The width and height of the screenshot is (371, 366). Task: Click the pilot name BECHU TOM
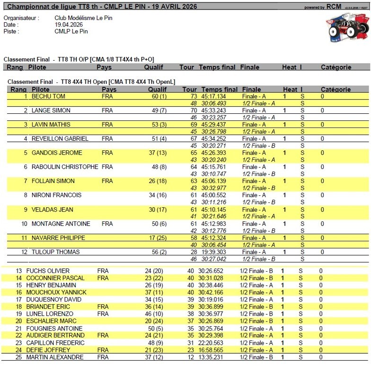48,96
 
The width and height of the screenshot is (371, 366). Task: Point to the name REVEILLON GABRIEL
60,139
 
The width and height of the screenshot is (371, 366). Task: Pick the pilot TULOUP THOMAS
55,252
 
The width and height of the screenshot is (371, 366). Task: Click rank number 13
19,271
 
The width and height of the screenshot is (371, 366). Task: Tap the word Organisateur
20,18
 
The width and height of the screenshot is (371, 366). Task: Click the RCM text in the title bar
334,7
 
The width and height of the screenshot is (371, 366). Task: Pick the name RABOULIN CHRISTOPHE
65,167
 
